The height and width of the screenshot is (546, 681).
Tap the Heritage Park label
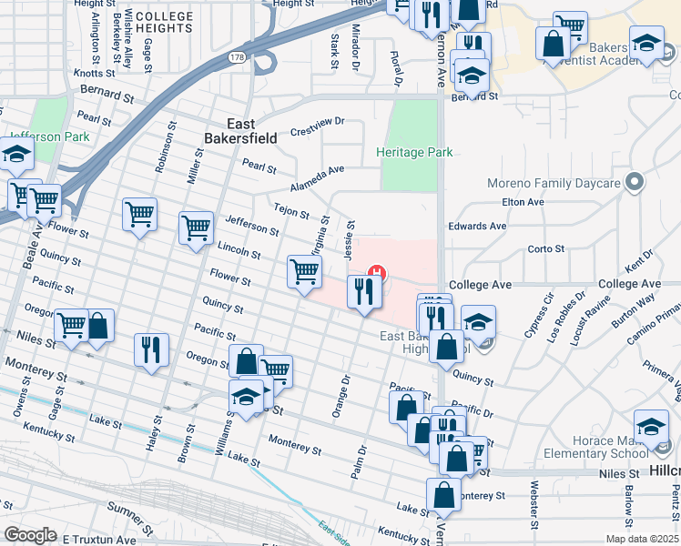click(x=414, y=152)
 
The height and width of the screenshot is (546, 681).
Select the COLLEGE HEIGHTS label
click(x=164, y=22)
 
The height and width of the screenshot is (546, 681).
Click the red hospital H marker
click(x=374, y=270)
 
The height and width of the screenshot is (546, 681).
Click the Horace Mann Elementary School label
click(x=596, y=447)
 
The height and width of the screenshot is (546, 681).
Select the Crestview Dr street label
click(x=317, y=121)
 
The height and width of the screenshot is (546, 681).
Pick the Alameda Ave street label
click(x=318, y=170)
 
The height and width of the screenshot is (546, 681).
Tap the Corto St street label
click(x=546, y=248)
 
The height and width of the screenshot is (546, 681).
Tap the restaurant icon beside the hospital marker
click(x=362, y=292)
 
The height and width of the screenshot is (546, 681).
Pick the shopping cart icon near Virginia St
click(x=304, y=270)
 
